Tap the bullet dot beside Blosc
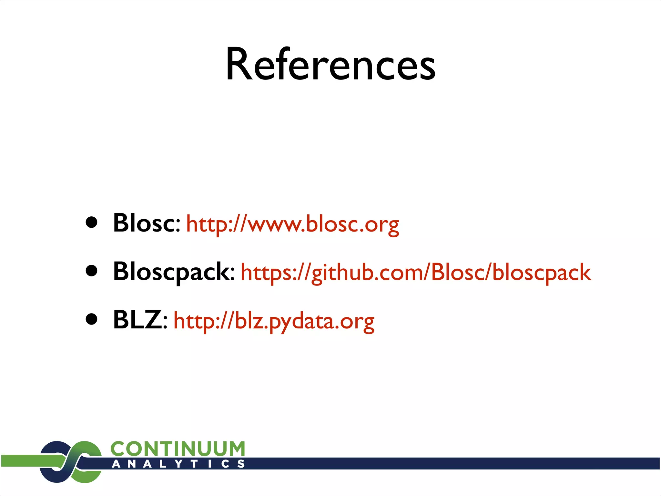coord(92,222)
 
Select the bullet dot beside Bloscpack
coord(92,271)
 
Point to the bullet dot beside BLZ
coord(92,319)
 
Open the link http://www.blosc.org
coord(292,224)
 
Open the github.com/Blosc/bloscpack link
coord(416,273)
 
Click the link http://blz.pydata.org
coord(274,321)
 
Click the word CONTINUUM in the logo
coord(178,449)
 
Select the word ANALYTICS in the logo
coord(178,464)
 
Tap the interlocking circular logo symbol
coord(71,462)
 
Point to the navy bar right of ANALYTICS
coord(452,463)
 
